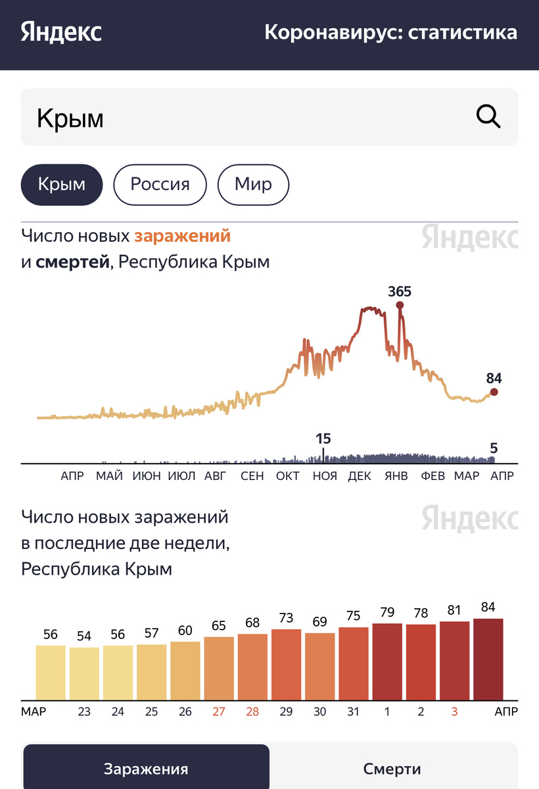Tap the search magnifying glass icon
(488, 118)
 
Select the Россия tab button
(160, 184)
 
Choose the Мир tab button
(253, 184)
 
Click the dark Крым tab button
(62, 184)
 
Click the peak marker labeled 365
(400, 305)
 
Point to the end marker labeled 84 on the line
(494, 392)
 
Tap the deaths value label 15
(323, 439)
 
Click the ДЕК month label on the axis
(360, 476)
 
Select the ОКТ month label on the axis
(288, 476)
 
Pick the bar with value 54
(84, 673)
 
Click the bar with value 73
(286, 664)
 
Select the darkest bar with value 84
(488, 659)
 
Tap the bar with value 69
(320, 666)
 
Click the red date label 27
(218, 712)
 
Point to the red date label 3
(454, 712)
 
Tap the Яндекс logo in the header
(61, 32)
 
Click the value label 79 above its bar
(387, 613)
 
